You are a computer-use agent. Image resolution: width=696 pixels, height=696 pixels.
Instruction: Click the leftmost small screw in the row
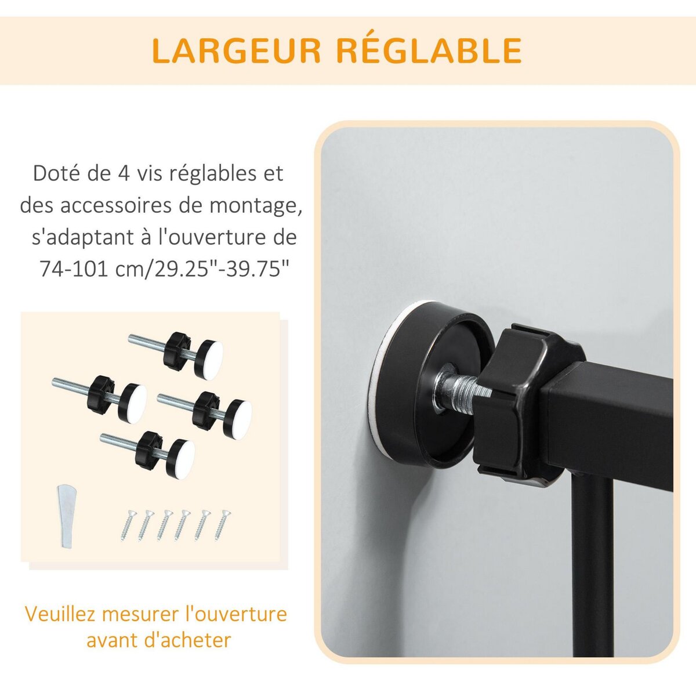(127, 524)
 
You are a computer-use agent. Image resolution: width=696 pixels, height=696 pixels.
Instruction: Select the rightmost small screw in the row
(222, 524)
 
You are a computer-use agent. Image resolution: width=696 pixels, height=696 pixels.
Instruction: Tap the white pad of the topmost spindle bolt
(210, 360)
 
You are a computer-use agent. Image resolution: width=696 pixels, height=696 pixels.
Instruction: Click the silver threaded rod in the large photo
(461, 389)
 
